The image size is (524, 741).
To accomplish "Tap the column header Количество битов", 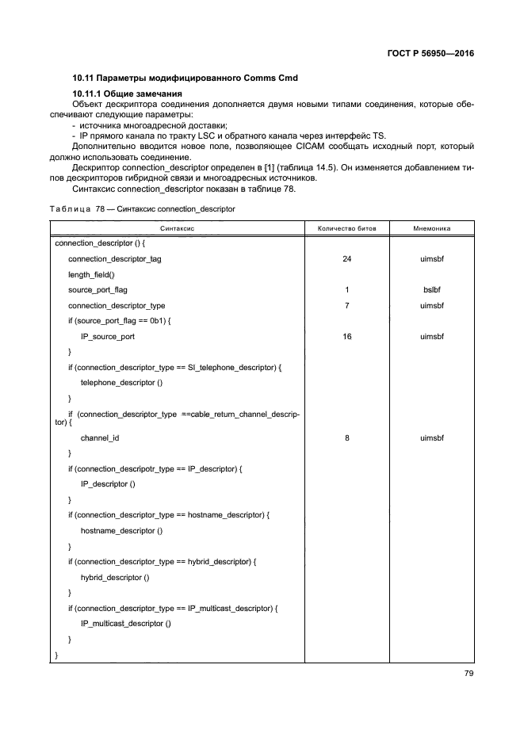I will click(347, 228).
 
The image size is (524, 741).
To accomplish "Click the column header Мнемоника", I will click(432, 228).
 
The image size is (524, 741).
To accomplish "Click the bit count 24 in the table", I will click(347, 259).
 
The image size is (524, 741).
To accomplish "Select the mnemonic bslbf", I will click(432, 290).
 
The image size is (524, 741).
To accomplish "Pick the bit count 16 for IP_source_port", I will click(347, 337).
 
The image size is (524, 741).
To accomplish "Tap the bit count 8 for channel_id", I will click(347, 437).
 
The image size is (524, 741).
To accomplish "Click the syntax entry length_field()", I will click(91, 274).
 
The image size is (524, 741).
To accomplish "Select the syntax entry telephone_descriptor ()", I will click(121, 383).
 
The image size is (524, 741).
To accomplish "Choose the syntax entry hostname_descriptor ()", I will click(121, 531).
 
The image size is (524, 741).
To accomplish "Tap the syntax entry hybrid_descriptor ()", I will click(115, 578).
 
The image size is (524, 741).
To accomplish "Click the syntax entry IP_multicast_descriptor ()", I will click(126, 624).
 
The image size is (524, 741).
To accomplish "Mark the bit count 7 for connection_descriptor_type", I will click(347, 306).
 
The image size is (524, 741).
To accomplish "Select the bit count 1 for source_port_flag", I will click(347, 290).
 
